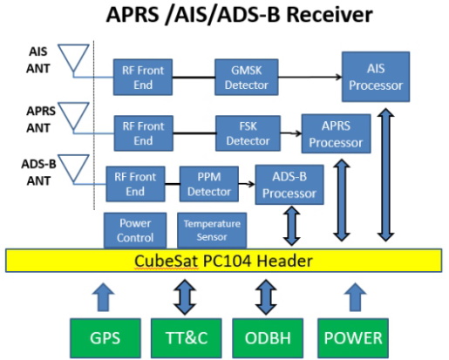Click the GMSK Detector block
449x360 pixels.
coord(247,77)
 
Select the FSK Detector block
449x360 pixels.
coord(248,133)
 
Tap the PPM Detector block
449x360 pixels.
coord(209,184)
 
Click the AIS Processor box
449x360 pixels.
coord(376,77)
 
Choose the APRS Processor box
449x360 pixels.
coord(336,133)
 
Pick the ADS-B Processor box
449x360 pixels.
coord(289,185)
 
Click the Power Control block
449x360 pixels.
coord(135,230)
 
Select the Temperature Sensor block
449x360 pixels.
coord(212,230)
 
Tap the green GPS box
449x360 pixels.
coord(105,338)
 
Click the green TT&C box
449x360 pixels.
coord(187,338)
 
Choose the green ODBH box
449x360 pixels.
coord(268,338)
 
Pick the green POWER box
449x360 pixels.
coord(353,338)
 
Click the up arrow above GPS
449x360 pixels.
coord(103,297)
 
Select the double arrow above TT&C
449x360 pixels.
coord(185,297)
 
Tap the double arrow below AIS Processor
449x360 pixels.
coord(385,174)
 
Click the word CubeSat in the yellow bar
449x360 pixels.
coord(167,261)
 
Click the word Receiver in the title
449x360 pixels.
coord(330,15)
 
